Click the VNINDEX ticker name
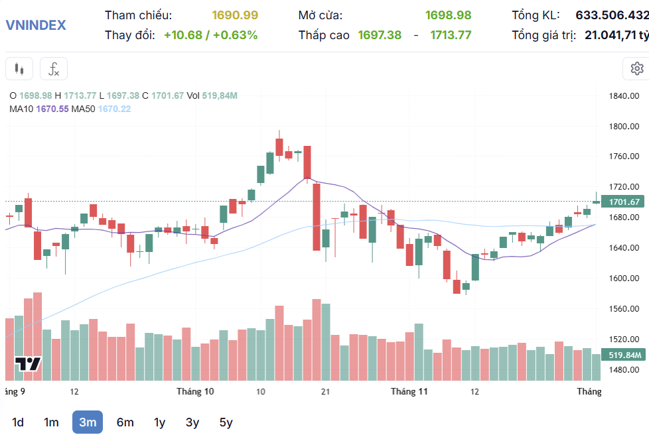click(36, 25)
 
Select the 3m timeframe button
click(88, 422)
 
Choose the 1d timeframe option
click(18, 422)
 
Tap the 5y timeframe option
click(226, 422)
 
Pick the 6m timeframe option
click(125, 422)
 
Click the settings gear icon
click(636, 68)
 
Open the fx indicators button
click(54, 68)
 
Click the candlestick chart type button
click(19, 68)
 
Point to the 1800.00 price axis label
click(623, 126)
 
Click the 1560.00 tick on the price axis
click(623, 308)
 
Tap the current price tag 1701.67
click(623, 202)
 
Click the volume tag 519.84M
click(623, 355)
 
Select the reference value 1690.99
click(235, 15)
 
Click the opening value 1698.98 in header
click(448, 15)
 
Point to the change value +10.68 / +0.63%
click(210, 35)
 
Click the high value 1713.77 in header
click(451, 35)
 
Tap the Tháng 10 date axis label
click(195, 391)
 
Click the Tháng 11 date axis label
click(409, 391)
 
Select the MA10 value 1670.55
click(53, 109)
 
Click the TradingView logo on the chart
click(29, 364)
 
